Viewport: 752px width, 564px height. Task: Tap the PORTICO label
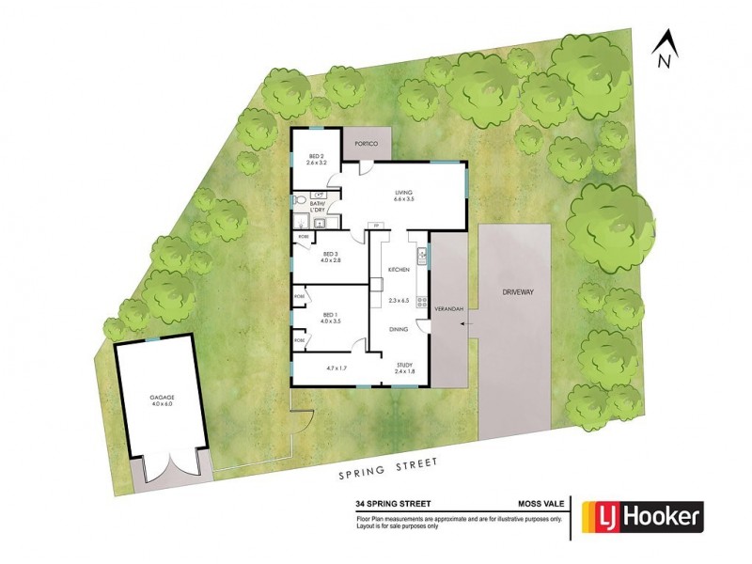pos(365,144)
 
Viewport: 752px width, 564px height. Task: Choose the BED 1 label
pos(329,316)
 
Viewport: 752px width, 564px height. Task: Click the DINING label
pos(399,329)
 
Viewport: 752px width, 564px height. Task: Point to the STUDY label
pos(404,366)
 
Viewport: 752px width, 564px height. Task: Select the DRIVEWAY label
pos(516,292)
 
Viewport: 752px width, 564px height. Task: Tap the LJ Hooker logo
pos(643,515)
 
